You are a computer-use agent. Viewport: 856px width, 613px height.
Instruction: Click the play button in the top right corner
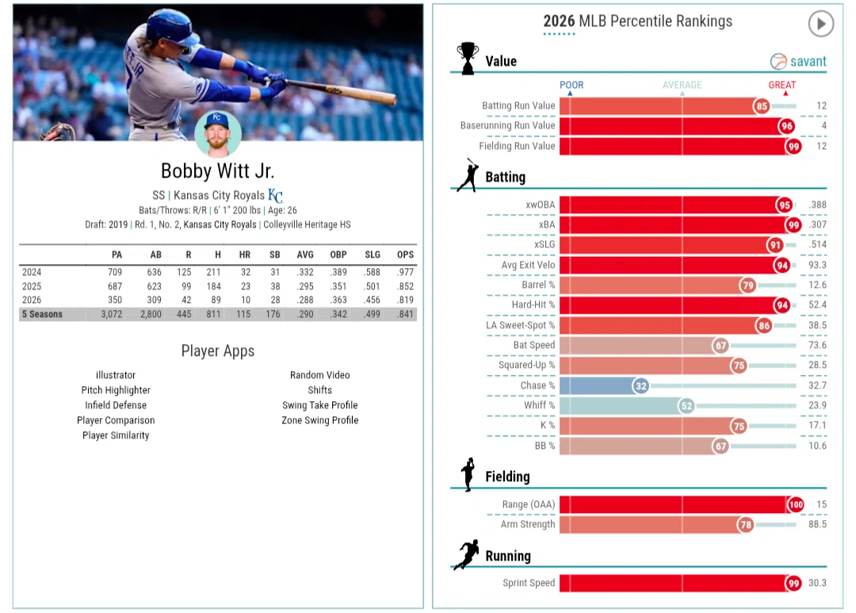pyautogui.click(x=820, y=24)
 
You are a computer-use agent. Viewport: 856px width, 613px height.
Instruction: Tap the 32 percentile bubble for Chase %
pyautogui.click(x=641, y=385)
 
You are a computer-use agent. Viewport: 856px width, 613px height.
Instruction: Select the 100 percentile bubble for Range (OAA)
pyautogui.click(x=796, y=505)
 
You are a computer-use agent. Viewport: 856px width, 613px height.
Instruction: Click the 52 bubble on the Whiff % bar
pyautogui.click(x=686, y=406)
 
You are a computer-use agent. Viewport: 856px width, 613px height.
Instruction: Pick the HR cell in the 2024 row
pyautogui.click(x=246, y=272)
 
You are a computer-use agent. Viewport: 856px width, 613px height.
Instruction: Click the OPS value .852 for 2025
pyautogui.click(x=405, y=286)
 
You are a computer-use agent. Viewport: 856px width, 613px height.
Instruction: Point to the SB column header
pyautogui.click(x=274, y=255)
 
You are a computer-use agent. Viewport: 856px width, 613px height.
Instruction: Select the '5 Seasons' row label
pyautogui.click(x=42, y=314)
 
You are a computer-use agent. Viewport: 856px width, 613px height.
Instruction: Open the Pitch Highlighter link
pyautogui.click(x=116, y=390)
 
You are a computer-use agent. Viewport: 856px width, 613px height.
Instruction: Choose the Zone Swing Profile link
pyautogui.click(x=320, y=420)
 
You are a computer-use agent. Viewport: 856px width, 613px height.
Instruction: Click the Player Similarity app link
pyautogui.click(x=116, y=435)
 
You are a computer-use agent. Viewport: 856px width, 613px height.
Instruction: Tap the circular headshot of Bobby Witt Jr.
pyautogui.click(x=218, y=134)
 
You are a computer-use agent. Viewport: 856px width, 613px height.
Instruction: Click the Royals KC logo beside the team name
pyautogui.click(x=275, y=195)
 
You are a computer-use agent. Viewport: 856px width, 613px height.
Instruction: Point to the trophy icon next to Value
pyautogui.click(x=468, y=58)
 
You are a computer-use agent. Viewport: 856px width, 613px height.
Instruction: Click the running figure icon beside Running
pyautogui.click(x=467, y=554)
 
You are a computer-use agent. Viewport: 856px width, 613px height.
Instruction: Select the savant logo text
pyautogui.click(x=808, y=61)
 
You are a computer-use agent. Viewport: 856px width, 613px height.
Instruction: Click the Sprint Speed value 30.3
pyautogui.click(x=817, y=583)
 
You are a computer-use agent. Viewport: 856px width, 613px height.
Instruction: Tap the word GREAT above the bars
pyautogui.click(x=781, y=85)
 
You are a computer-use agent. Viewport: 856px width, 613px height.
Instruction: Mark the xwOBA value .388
pyautogui.click(x=817, y=205)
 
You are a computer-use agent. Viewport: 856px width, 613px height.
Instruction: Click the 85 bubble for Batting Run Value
pyautogui.click(x=762, y=106)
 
